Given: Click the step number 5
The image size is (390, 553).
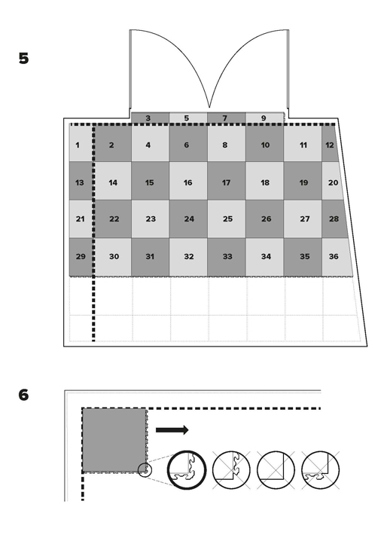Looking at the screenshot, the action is point(23,59).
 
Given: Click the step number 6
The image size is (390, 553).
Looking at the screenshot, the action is point(23,395).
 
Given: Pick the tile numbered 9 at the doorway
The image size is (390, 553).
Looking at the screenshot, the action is point(264,118).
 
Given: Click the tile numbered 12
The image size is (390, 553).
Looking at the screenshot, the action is point(330,144).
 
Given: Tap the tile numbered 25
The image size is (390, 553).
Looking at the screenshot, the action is point(227,219).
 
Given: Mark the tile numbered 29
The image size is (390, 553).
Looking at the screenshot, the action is point(81,257).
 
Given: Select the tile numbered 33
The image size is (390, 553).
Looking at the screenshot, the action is point(227,257).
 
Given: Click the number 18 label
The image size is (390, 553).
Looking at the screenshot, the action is point(265,182).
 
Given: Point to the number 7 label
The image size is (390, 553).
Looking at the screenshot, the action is point(225,118).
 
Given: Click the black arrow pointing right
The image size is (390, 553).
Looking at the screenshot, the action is point(172,430).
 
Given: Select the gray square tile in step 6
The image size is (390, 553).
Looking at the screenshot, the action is point(114,440).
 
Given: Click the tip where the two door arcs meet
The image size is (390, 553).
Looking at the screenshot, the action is point(209,108).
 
